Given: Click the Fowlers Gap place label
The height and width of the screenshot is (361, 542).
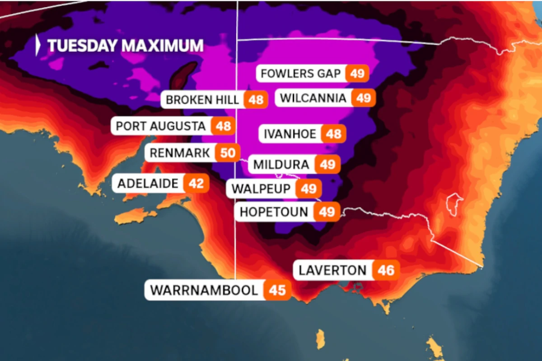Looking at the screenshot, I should (x=301, y=74).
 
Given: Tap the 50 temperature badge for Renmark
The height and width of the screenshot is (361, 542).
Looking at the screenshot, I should (x=228, y=153).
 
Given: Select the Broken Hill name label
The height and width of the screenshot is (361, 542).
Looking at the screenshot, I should (x=202, y=100).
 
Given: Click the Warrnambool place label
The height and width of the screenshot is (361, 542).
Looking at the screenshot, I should (x=204, y=290).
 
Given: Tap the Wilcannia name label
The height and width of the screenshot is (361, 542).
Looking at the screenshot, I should (x=313, y=98).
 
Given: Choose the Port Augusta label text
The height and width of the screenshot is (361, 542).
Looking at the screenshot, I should (x=161, y=126).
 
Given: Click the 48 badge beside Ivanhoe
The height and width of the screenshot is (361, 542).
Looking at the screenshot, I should (x=334, y=134).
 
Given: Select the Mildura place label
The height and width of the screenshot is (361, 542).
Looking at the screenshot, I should (x=281, y=165).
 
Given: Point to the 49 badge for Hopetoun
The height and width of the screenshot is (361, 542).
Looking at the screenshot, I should (x=327, y=212).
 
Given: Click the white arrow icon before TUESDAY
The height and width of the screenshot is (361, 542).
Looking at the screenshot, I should (x=38, y=46).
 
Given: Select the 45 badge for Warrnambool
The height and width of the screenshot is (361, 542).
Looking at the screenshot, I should (x=277, y=290).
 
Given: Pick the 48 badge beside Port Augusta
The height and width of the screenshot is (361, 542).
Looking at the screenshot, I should (x=223, y=126).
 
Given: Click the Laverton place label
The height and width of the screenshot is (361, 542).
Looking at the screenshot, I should (x=332, y=270).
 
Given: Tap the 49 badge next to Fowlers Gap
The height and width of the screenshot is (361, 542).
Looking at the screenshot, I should (x=357, y=74).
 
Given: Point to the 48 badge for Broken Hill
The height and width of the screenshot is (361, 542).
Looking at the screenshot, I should (x=256, y=100).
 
